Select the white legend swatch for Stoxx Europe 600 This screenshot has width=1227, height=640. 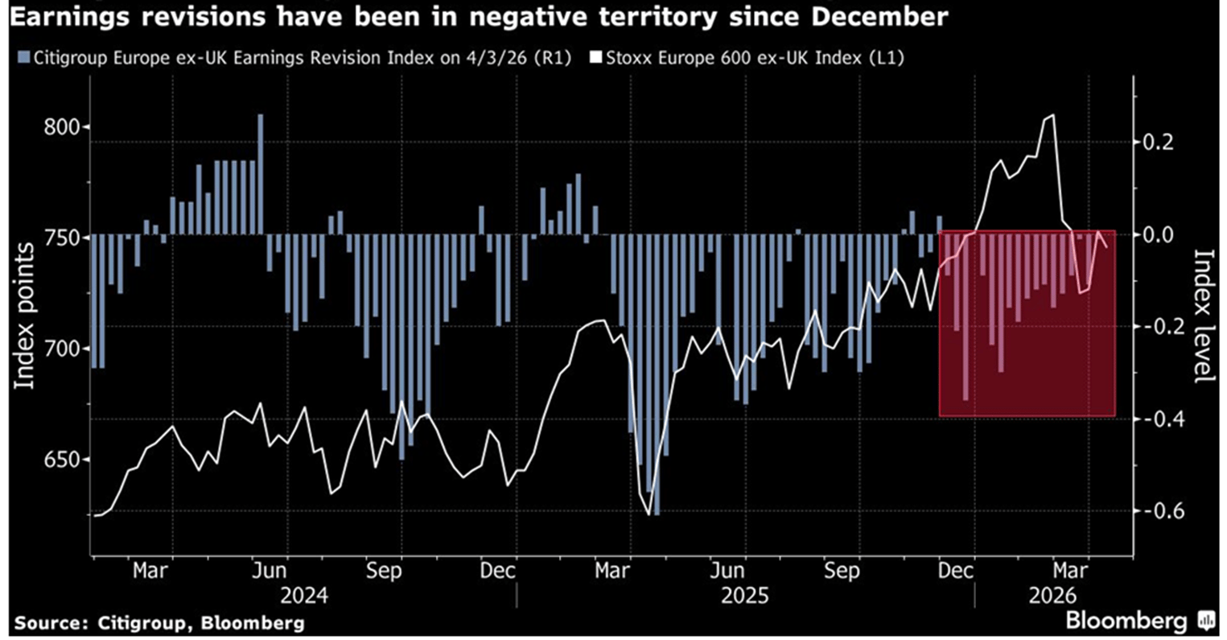pos(596,57)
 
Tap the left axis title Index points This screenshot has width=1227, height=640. pos(26,316)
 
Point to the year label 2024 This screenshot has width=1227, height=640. pos(304,597)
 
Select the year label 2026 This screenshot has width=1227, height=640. pos(1052,597)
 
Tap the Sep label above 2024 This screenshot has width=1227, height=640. pos(383,571)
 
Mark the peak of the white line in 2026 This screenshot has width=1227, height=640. pos(1053,115)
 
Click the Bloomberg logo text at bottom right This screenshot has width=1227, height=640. pos(1126,621)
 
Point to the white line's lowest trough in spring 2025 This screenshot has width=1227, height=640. pos(648,514)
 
